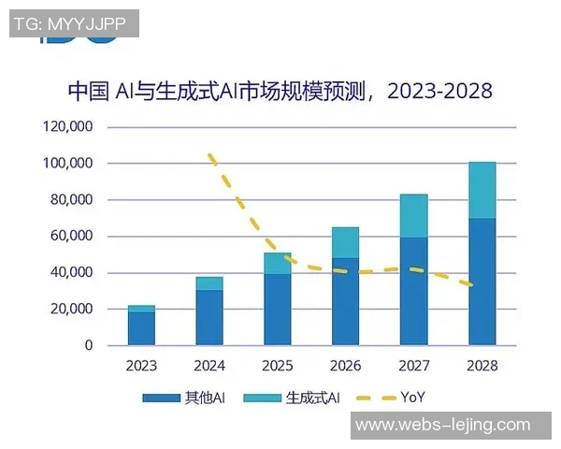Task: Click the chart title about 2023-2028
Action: (x=280, y=91)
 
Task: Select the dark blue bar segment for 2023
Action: (x=141, y=328)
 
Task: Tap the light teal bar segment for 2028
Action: (x=482, y=190)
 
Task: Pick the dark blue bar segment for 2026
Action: (x=345, y=301)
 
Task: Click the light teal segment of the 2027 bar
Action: (x=413, y=216)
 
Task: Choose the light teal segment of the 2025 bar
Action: (x=277, y=264)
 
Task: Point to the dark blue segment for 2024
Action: (x=209, y=317)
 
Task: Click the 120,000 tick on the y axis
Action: (x=67, y=127)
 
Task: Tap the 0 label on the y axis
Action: (x=89, y=346)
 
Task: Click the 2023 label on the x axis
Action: (x=141, y=366)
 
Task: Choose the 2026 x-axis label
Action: (x=345, y=366)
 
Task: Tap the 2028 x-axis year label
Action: (x=482, y=366)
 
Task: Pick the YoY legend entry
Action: (x=393, y=398)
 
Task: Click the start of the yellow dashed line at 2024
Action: (x=210, y=155)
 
